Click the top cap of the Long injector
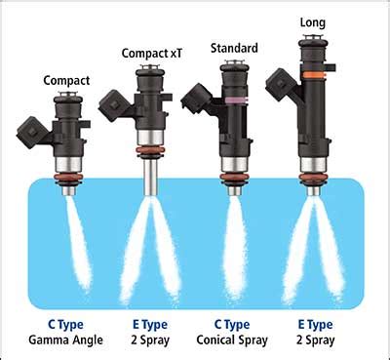tap(314, 40)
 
